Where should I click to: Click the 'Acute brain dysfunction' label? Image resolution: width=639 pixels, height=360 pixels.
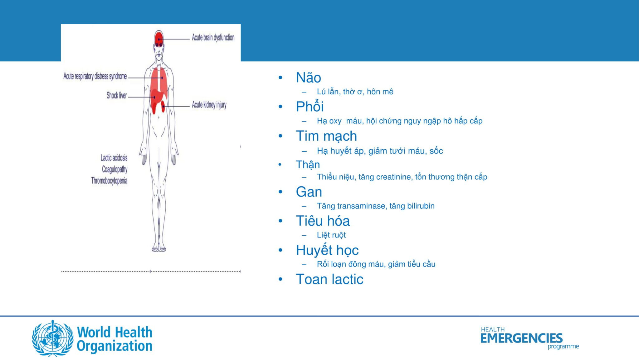click(x=213, y=38)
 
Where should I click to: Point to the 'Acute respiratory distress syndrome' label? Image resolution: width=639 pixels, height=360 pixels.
click(x=95, y=76)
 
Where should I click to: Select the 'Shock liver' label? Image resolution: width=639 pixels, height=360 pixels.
click(x=117, y=95)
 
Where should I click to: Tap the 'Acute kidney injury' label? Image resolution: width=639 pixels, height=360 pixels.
click(x=209, y=105)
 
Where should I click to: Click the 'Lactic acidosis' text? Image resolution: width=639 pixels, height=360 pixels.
click(x=114, y=158)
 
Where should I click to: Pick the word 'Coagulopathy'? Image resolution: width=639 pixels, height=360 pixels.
click(x=115, y=169)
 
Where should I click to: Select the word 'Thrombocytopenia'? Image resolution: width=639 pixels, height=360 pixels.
click(x=109, y=181)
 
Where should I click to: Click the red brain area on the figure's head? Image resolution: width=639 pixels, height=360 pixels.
click(x=159, y=39)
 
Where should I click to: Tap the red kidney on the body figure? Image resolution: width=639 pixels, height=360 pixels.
click(x=163, y=107)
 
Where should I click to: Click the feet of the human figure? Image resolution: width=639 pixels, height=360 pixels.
click(x=159, y=248)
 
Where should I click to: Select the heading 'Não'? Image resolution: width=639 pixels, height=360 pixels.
click(x=308, y=77)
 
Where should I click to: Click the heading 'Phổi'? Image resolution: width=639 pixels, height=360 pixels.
click(x=310, y=107)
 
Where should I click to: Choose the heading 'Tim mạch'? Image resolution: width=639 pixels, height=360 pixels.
click(x=326, y=136)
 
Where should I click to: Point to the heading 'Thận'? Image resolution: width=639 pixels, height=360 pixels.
click(x=308, y=164)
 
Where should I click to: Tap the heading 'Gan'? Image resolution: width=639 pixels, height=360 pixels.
click(x=309, y=192)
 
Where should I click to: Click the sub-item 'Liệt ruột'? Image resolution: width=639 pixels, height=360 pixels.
click(x=331, y=235)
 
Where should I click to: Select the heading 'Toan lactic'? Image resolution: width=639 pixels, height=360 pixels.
click(x=329, y=279)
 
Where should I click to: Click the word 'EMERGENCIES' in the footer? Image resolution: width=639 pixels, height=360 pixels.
click(x=521, y=338)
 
